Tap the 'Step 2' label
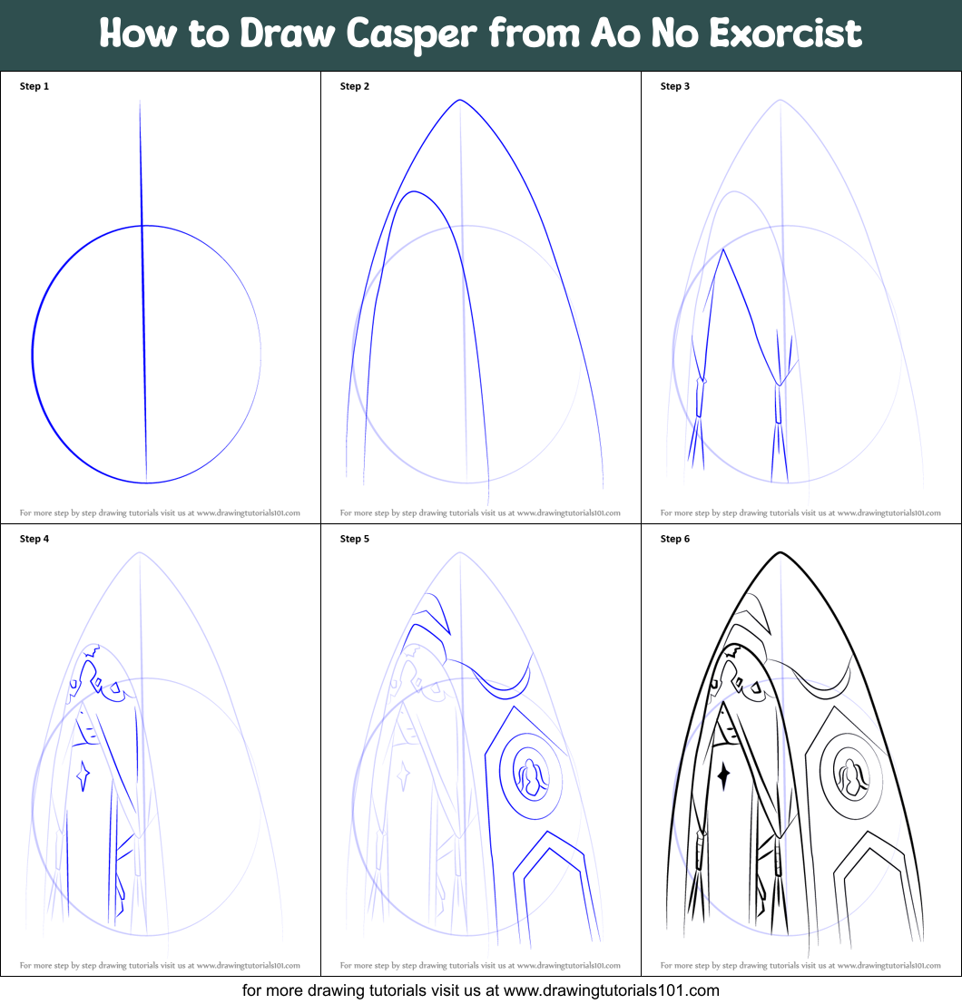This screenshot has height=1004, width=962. (x=355, y=86)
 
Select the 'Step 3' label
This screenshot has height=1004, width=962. (x=675, y=86)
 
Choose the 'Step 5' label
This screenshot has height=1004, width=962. (x=355, y=539)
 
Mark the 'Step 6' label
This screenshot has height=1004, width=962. (x=675, y=539)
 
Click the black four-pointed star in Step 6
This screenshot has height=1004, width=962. (x=724, y=775)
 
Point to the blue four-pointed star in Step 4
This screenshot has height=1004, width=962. (x=83, y=775)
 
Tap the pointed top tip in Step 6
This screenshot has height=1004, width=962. (x=780, y=552)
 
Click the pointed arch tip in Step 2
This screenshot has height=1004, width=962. (x=460, y=100)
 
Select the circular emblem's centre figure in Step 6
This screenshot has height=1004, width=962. (x=851, y=777)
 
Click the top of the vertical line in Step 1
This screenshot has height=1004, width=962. (x=140, y=102)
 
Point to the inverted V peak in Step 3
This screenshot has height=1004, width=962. (x=723, y=249)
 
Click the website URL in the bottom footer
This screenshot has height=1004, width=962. (x=611, y=990)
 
